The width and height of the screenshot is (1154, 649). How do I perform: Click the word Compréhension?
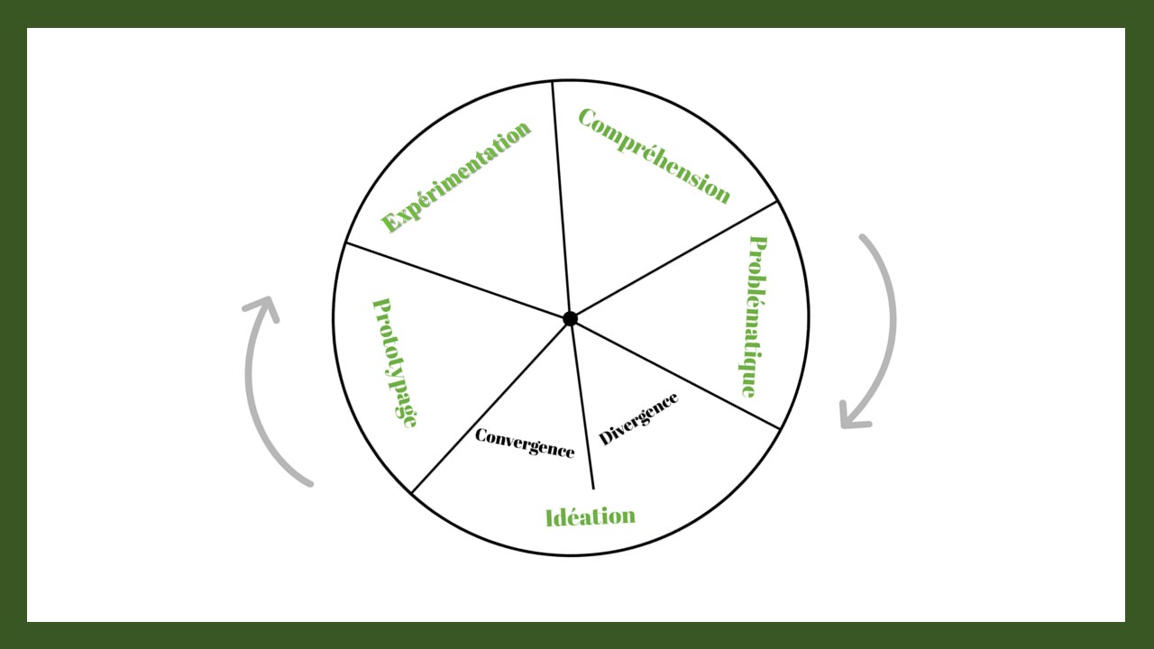654,156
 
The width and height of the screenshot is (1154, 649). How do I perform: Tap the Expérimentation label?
456,177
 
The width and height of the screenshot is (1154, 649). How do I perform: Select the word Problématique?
754,316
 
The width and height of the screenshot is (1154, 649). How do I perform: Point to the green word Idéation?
591,516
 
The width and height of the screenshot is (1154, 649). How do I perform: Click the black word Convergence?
524,443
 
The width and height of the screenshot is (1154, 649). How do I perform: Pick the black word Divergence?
638,418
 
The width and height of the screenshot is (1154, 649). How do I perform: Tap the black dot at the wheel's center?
570,318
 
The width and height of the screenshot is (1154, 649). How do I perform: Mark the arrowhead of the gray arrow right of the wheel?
852,417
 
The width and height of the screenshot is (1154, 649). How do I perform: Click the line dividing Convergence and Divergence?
582,406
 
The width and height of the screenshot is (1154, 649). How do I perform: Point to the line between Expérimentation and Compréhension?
561,198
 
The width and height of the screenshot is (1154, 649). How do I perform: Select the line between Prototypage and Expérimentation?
455,279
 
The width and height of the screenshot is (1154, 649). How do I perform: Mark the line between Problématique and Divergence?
676,374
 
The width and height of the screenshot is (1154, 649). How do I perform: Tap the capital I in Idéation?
550,517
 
